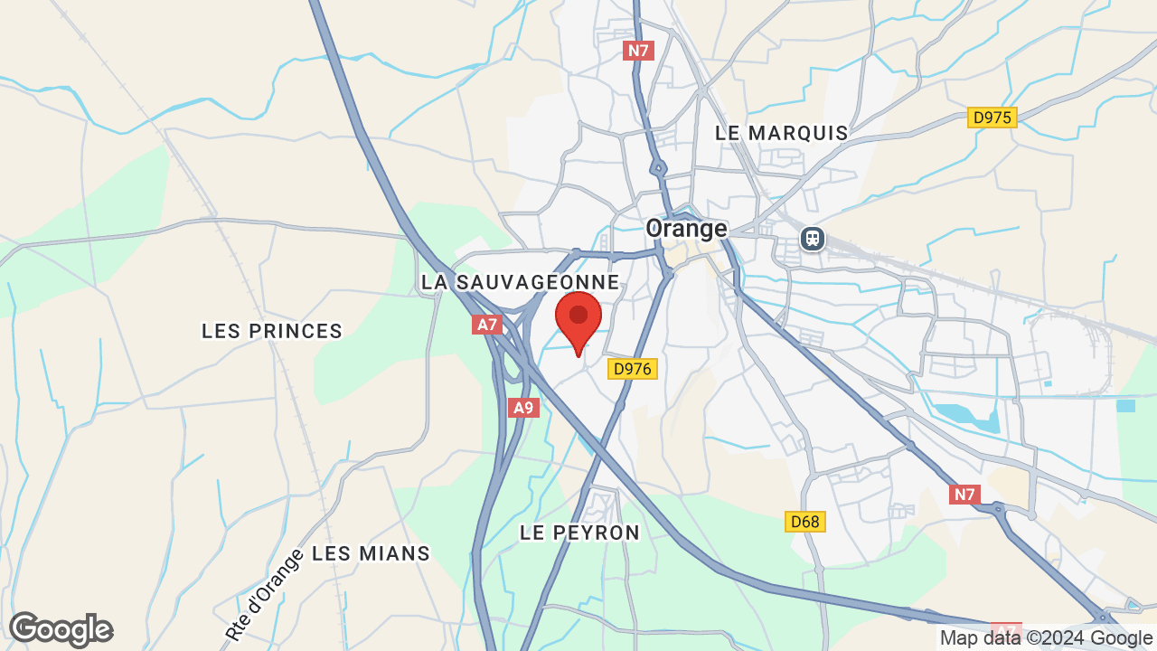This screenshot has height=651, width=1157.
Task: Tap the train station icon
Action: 813,239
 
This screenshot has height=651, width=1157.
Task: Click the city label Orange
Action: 687,229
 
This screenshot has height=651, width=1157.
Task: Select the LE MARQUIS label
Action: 782,133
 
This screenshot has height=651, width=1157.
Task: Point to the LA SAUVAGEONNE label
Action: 521,282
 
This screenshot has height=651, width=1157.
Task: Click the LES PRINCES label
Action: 272,332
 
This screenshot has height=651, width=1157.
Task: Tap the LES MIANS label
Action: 371,553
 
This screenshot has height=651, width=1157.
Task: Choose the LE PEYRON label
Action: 579,533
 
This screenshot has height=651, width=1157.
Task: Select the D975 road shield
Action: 992,118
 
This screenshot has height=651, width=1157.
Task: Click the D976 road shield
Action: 633,369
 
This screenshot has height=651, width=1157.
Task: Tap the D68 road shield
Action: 804,522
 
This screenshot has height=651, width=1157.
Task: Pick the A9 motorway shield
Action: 523,408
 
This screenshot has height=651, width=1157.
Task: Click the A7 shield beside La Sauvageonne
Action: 487,324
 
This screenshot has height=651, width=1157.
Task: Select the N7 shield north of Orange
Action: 639,51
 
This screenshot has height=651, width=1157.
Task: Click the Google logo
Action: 61,630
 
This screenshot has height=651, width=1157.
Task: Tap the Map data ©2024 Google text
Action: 1046,638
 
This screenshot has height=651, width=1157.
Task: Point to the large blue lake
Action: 965,416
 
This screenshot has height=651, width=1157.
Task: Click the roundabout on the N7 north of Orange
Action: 659,168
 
